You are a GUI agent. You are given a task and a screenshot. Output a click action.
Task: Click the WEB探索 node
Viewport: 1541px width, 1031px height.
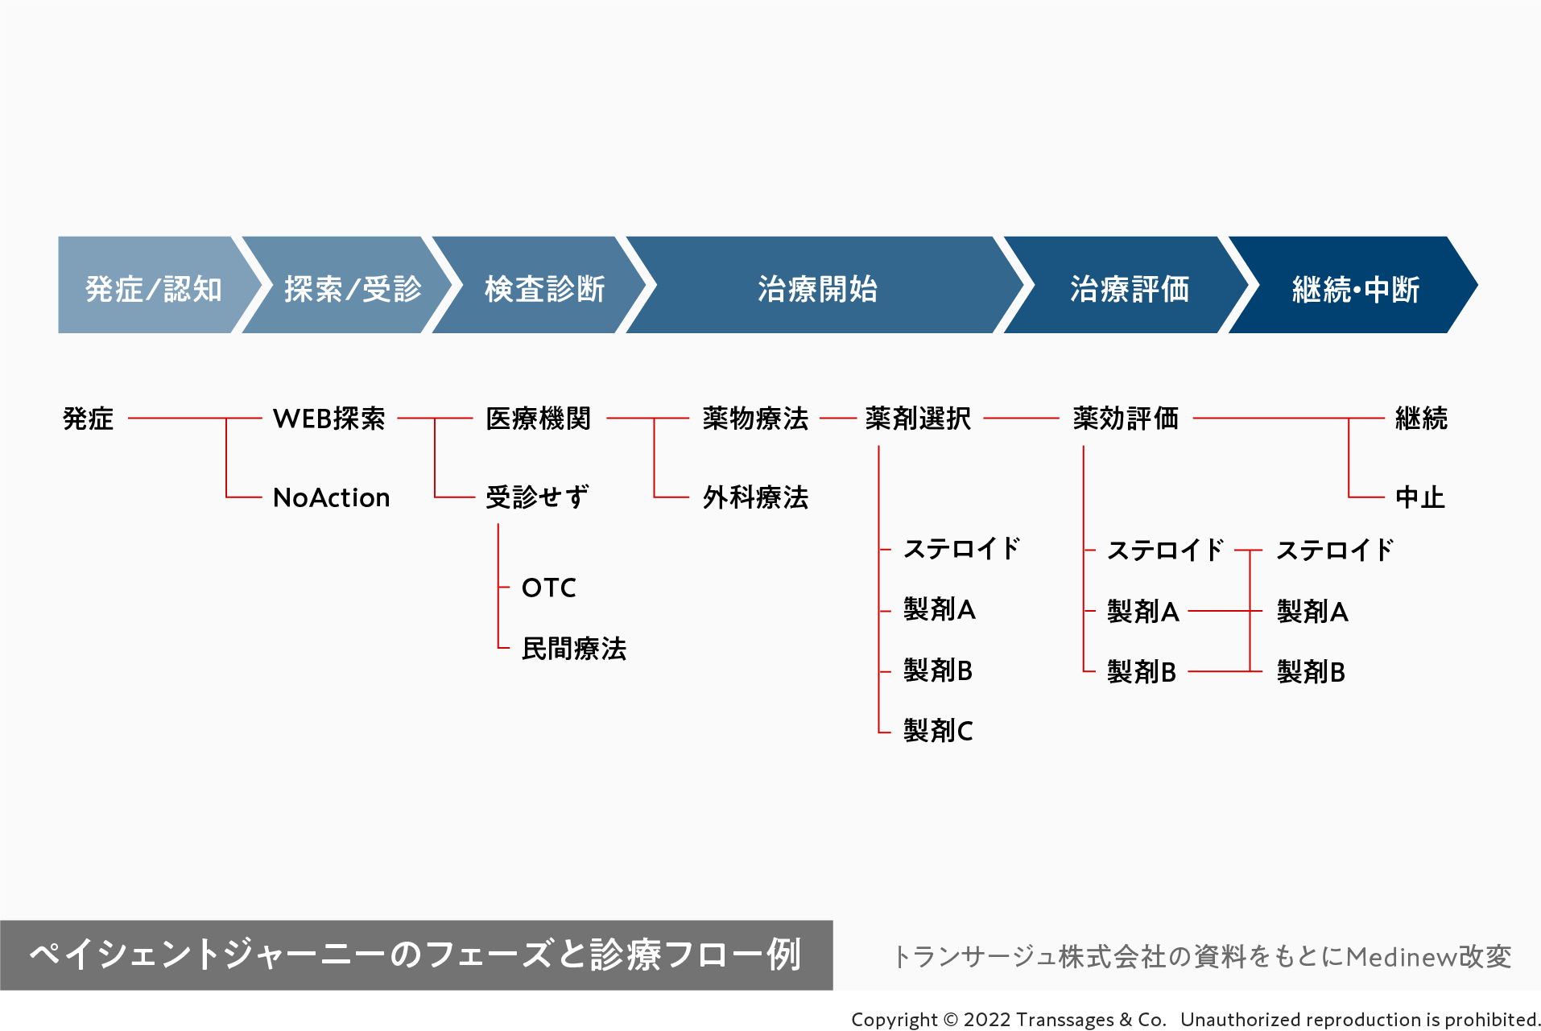coord(328,419)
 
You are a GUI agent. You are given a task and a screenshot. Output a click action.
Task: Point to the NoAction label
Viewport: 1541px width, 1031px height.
coord(331,497)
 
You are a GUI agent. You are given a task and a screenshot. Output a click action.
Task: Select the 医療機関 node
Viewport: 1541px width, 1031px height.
coord(538,419)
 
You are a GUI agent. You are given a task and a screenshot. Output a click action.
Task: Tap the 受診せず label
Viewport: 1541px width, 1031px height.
coord(537,497)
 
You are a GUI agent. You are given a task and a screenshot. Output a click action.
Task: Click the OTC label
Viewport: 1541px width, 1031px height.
coord(548,588)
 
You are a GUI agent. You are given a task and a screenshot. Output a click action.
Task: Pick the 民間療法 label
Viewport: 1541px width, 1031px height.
coord(573,649)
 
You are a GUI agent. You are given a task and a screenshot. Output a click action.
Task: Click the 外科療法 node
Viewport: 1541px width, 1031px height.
coord(754,497)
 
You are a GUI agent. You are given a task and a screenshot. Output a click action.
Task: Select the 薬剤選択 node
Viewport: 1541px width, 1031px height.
coord(918,419)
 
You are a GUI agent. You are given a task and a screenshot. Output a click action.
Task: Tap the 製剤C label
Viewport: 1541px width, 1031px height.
coord(938,731)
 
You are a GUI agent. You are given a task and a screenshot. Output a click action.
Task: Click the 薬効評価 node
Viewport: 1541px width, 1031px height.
coord(1126,419)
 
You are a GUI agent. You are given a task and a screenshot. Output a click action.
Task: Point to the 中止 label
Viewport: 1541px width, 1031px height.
coord(1419,497)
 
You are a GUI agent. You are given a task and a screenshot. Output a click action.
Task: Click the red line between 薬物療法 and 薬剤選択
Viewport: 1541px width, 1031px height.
coord(837,419)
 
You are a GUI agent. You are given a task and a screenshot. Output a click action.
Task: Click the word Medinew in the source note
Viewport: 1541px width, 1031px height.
coord(1400,957)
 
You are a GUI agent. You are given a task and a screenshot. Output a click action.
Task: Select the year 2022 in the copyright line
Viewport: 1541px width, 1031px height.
coord(987,1020)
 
